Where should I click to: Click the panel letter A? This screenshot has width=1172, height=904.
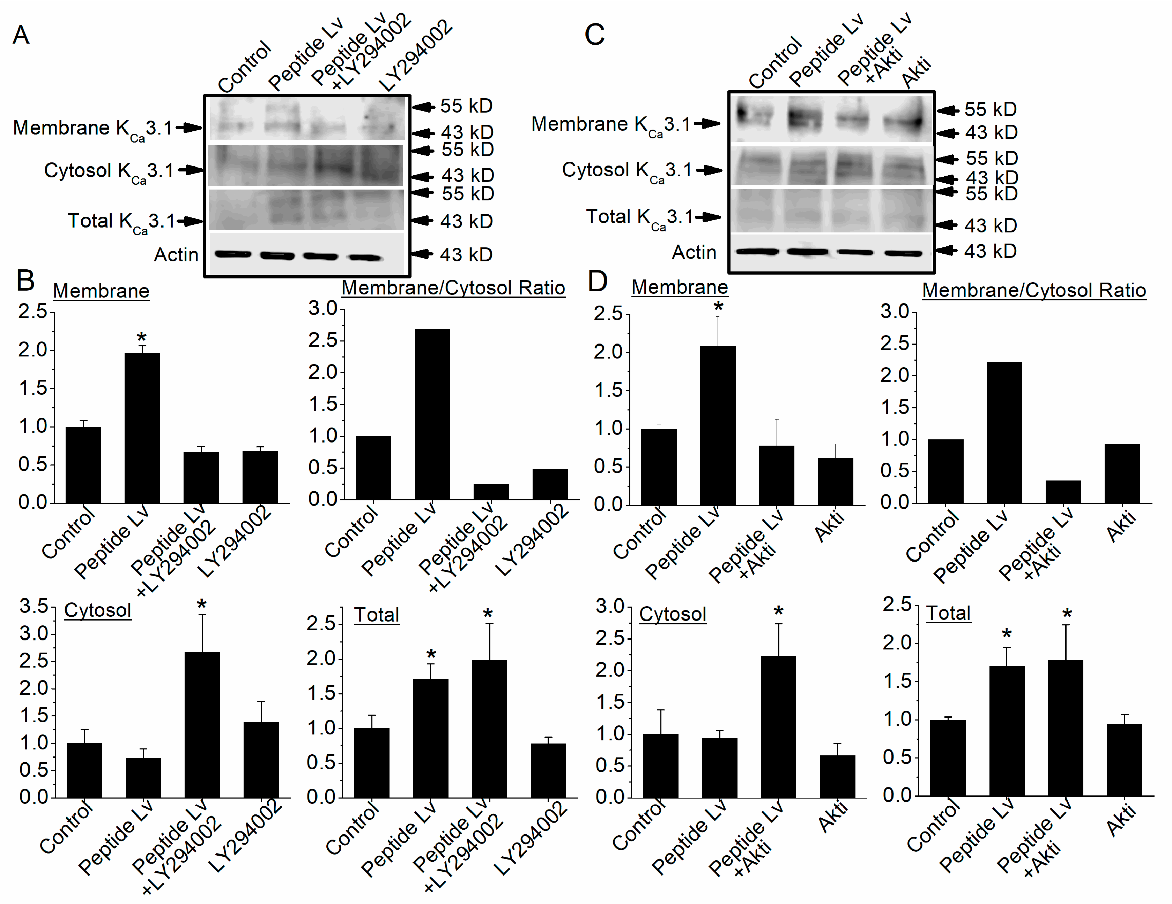click(21, 35)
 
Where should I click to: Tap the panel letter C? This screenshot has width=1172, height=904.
click(595, 35)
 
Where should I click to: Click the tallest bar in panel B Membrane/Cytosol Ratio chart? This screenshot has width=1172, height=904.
click(433, 414)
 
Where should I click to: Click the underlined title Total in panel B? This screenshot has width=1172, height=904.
click(377, 615)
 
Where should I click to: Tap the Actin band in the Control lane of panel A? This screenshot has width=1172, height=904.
click(233, 254)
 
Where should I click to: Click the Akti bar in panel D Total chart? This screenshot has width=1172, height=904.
click(1124, 760)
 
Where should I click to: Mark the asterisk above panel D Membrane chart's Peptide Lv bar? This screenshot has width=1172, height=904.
click(718, 307)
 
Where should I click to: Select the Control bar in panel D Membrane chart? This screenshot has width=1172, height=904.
click(659, 467)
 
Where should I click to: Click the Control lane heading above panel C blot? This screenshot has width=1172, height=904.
click(775, 63)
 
